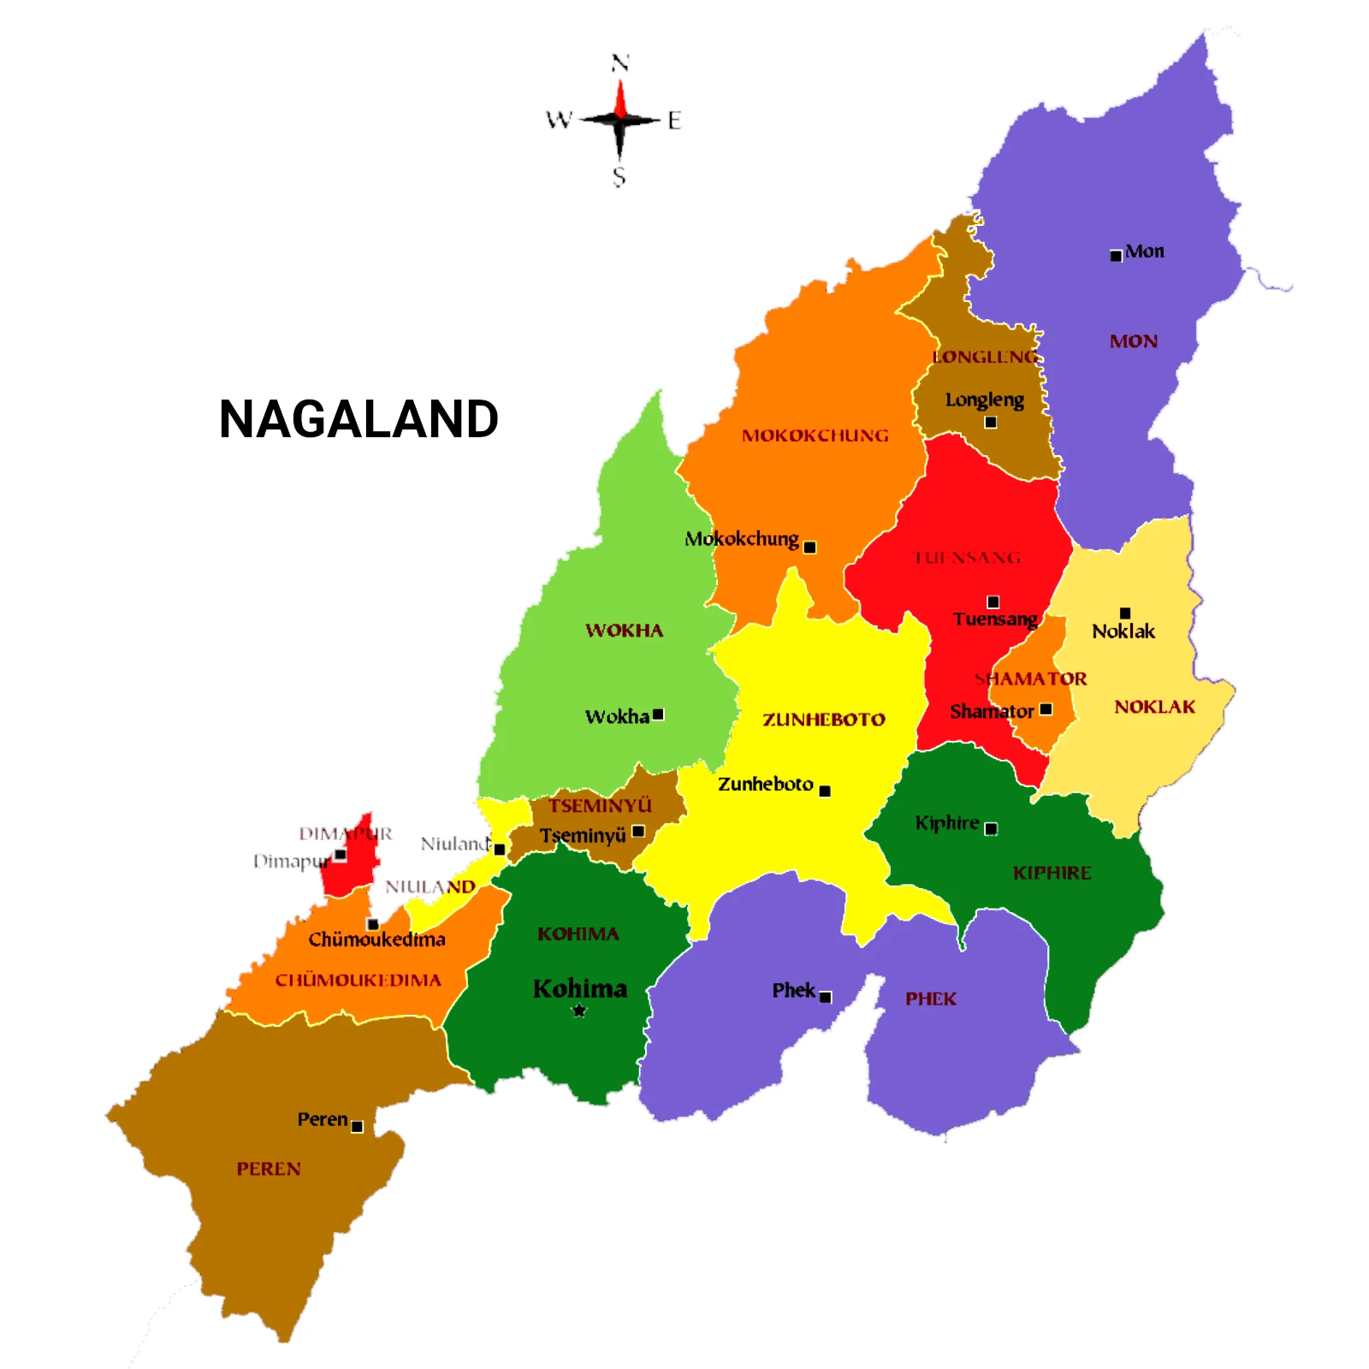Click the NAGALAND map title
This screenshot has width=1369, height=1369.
pyautogui.click(x=359, y=419)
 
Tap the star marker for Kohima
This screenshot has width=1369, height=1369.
pyautogui.click(x=579, y=1010)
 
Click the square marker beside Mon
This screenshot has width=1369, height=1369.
pyautogui.click(x=1116, y=256)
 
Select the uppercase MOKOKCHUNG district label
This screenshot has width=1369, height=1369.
pyautogui.click(x=815, y=436)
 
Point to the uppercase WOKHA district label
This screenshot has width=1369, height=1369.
pyautogui.click(x=624, y=631)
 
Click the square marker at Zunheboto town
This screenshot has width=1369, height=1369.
pyautogui.click(x=825, y=791)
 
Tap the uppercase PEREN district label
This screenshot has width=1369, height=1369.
pyautogui.click(x=269, y=1169)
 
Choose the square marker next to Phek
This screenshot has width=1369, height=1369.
pyautogui.click(x=826, y=998)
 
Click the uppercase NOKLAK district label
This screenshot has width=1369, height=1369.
pyautogui.click(x=1154, y=707)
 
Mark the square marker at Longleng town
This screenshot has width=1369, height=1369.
pyautogui.click(x=991, y=422)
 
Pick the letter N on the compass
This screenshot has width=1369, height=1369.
pyautogui.click(x=620, y=62)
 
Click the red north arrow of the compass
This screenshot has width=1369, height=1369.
pyautogui.click(x=620, y=98)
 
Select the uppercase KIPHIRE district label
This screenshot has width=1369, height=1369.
pyautogui.click(x=1052, y=873)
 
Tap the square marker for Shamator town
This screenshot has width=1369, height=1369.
pyautogui.click(x=1046, y=709)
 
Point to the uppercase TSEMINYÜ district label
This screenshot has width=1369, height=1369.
pyautogui.click(x=600, y=805)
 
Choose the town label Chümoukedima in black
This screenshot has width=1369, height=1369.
pyautogui.click(x=376, y=939)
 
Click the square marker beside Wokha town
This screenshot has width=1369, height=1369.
pyautogui.click(x=658, y=714)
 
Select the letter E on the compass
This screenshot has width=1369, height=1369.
pyautogui.click(x=674, y=121)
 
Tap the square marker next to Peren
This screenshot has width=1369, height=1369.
pyautogui.click(x=358, y=1127)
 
